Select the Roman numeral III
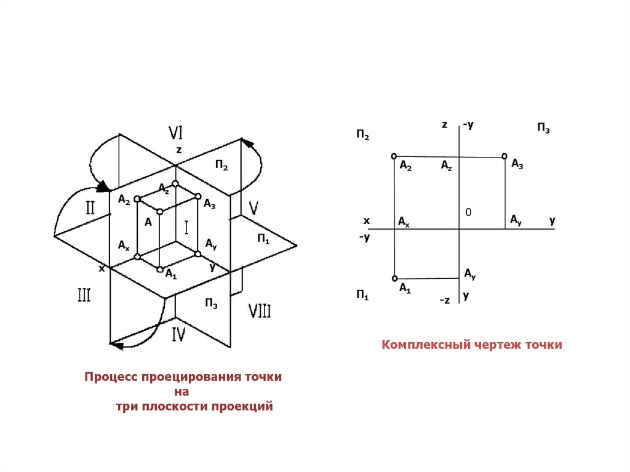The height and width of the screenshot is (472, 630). click(84, 295)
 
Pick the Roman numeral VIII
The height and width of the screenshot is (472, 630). click(259, 311)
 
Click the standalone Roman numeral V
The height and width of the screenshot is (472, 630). click(253, 206)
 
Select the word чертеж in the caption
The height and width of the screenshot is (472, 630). click(498, 345)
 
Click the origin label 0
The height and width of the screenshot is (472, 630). click(468, 212)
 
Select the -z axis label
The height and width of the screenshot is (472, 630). click(445, 300)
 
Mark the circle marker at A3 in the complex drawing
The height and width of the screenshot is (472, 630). click(504, 156)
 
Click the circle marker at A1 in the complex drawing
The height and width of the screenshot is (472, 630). click(394, 278)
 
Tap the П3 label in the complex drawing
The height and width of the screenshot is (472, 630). click(543, 128)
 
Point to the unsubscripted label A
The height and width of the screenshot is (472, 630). click(148, 222)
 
